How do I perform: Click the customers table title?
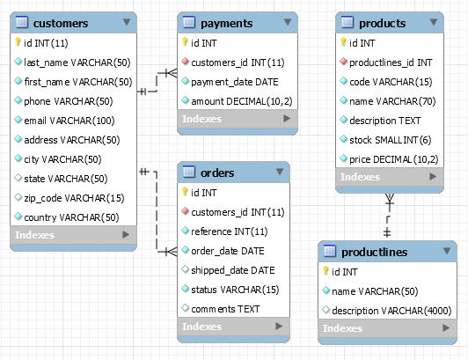(61, 23)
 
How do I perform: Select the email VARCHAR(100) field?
(69, 121)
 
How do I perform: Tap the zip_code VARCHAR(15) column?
(74, 198)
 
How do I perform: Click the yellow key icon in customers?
(18, 42)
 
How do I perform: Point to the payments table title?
(227, 24)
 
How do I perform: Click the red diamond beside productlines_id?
(344, 62)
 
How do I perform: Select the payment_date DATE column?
(235, 82)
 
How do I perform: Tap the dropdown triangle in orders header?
(280, 172)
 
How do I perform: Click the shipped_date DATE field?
(233, 270)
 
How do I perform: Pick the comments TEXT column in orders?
(225, 309)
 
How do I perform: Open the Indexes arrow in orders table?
(279, 326)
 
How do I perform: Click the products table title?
(383, 23)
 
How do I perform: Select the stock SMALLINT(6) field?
(390, 140)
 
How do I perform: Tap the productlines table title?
(374, 252)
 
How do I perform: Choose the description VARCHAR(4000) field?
(391, 311)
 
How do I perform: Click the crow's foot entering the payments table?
(169, 73)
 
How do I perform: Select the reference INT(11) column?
(230, 231)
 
